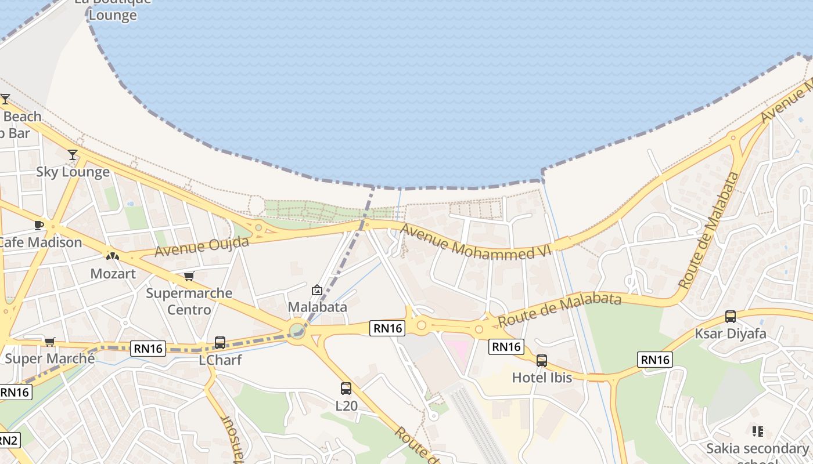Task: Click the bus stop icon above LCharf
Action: click(x=220, y=343)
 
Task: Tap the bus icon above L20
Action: click(x=346, y=389)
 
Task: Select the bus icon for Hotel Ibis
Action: click(x=542, y=361)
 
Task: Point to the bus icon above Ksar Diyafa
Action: click(x=731, y=317)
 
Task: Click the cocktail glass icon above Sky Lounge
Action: click(x=73, y=155)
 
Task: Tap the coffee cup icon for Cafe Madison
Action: click(x=39, y=225)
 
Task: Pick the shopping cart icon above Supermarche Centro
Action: click(x=189, y=276)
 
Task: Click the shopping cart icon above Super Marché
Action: click(x=50, y=342)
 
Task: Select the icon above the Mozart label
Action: click(x=113, y=256)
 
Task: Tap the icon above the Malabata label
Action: click(x=317, y=290)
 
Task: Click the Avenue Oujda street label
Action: click(x=202, y=246)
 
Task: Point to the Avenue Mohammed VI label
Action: click(x=475, y=242)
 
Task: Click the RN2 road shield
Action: click(x=8, y=440)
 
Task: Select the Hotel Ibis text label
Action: click(x=542, y=378)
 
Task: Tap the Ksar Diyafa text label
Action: click(x=731, y=334)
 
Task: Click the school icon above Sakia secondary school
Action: click(x=757, y=431)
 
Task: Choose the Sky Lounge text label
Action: click(x=73, y=172)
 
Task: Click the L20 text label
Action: click(x=347, y=406)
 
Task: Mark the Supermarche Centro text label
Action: click(x=189, y=301)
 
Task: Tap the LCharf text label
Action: click(x=220, y=360)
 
